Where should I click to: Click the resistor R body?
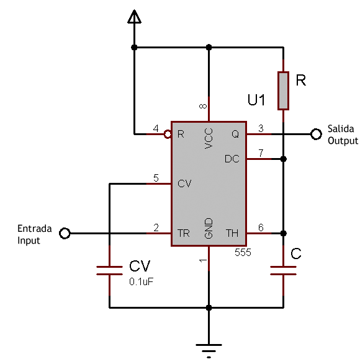pyautogui.click(x=283, y=90)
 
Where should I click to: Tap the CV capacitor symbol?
pyautogui.click(x=109, y=270)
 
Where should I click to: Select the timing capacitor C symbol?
pyautogui.click(x=283, y=270)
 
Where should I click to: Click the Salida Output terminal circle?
pyautogui.click(x=316, y=134)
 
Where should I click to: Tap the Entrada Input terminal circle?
pyautogui.click(x=65, y=233)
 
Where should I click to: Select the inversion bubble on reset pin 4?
pyautogui.click(x=168, y=134)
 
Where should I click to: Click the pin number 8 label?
pyautogui.click(x=203, y=106)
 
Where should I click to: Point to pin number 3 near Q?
pyautogui.click(x=261, y=128)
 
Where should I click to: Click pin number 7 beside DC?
pyautogui.click(x=261, y=153)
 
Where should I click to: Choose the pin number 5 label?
pyautogui.click(x=156, y=178)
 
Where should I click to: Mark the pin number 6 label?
pyautogui.click(x=261, y=227)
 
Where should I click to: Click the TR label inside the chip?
pyautogui.click(x=184, y=233)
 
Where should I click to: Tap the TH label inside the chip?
pyautogui.click(x=232, y=233)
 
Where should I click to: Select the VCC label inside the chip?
pyautogui.click(x=209, y=138)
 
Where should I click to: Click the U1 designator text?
pyautogui.click(x=256, y=100)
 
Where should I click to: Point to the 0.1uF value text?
pyautogui.click(x=142, y=281)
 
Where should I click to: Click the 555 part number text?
pyautogui.click(x=243, y=252)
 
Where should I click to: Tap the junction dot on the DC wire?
pyautogui.click(x=283, y=159)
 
